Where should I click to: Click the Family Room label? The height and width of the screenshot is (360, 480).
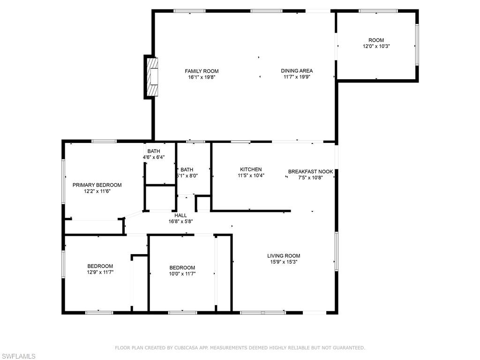pos(202,71)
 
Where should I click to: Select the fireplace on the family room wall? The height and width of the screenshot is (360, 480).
pos(151,77)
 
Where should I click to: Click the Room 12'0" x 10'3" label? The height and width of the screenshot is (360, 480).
pos(376,40)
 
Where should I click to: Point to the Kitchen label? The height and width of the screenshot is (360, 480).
pos(251,170)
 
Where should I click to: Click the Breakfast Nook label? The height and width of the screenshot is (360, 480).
pos(310,172)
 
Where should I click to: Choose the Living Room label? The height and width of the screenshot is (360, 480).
pos(284,256)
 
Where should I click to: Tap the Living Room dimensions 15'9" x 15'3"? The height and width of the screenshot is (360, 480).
pos(284,262)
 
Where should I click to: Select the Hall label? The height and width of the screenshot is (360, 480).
pos(180,216)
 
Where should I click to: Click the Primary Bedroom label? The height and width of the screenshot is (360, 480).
pos(97,185)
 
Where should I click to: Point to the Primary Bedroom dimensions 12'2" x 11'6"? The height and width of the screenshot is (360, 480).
pos(97,191)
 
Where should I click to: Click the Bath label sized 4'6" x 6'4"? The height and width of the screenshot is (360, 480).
pos(153,151)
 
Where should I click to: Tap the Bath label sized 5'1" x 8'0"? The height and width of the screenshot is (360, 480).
pos(187,170)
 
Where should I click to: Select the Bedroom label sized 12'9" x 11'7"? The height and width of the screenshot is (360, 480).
pos(100,266)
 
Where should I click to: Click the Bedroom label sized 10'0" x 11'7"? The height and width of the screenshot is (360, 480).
pos(182,268)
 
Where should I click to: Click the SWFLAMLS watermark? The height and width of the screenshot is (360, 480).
pos(18,356)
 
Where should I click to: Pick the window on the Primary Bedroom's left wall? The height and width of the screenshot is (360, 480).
pos(63,181)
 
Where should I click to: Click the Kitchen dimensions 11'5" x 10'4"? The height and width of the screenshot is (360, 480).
pos(251,176)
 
